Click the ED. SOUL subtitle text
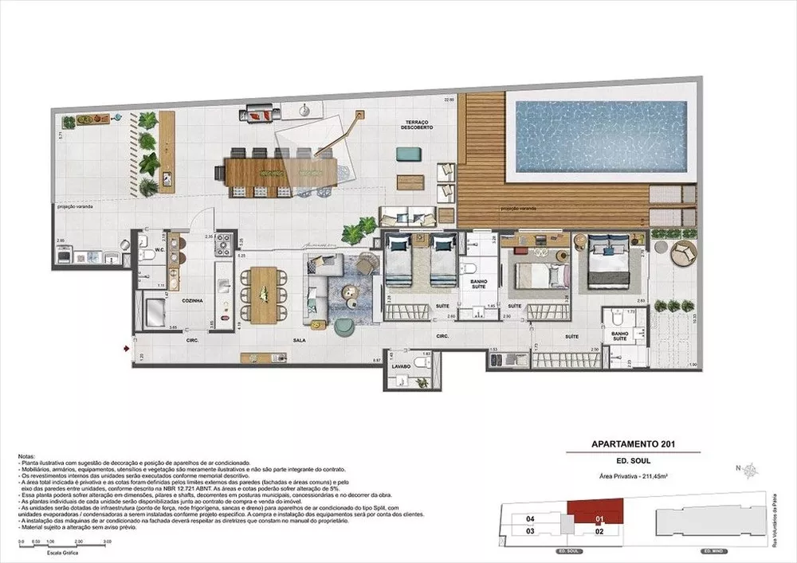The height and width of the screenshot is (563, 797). [x=632, y=462]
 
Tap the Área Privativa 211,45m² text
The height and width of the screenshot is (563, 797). [x=632, y=476]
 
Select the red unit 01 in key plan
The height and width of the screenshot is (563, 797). [x=598, y=510]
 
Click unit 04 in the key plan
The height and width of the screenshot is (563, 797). [x=529, y=518]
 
